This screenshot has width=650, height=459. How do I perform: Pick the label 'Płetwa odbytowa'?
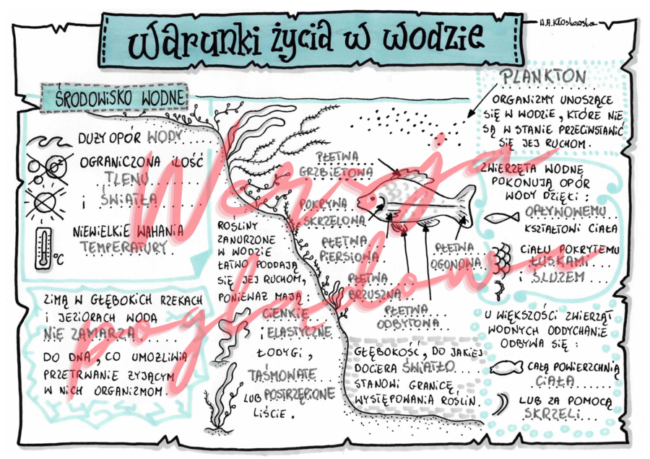click(x=412, y=316)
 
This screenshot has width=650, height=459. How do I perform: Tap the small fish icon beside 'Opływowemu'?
click(x=501, y=217)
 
